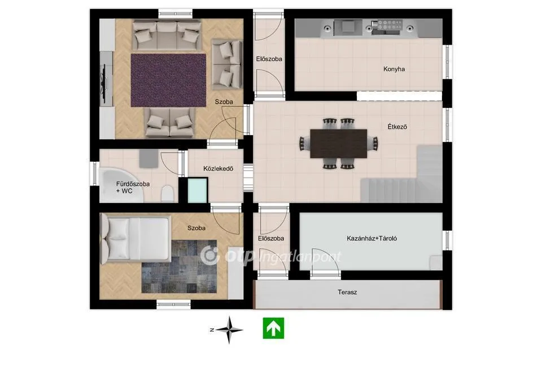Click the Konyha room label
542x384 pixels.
pyautogui.click(x=394, y=69)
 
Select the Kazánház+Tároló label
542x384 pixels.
pyautogui.click(x=372, y=238)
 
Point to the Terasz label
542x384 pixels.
pyautogui.click(x=347, y=292)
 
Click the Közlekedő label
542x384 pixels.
pyautogui.click(x=218, y=169)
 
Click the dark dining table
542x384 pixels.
pyautogui.click(x=339, y=144)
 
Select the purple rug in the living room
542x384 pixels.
pyautogui.click(x=168, y=79)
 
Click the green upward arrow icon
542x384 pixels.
pyautogui.click(x=273, y=328)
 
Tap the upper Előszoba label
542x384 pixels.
pyautogui.click(x=269, y=58)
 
